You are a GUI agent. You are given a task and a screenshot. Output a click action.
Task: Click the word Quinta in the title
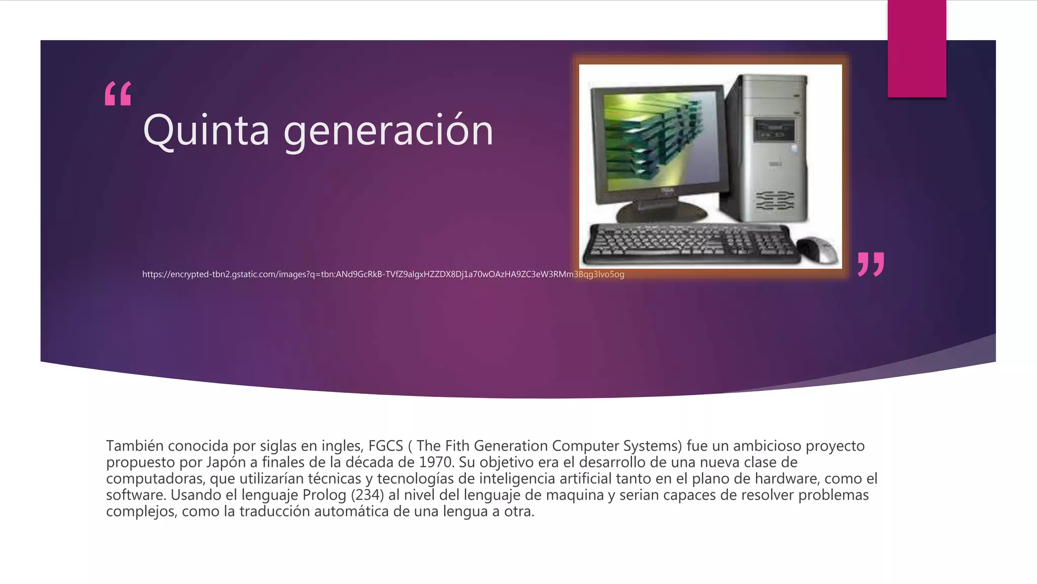point(206,130)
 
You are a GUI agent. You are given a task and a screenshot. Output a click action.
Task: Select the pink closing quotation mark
point(871,264)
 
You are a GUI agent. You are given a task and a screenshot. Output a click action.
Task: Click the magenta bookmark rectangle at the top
point(916,48)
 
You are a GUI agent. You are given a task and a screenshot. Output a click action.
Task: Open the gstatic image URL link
point(383,274)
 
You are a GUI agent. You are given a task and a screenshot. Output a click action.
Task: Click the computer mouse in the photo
point(816,249)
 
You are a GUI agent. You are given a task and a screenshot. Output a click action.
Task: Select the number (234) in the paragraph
point(368,495)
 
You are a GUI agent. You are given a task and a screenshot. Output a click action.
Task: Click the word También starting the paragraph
point(134,446)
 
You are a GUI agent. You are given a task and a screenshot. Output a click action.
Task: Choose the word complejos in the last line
point(140,512)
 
